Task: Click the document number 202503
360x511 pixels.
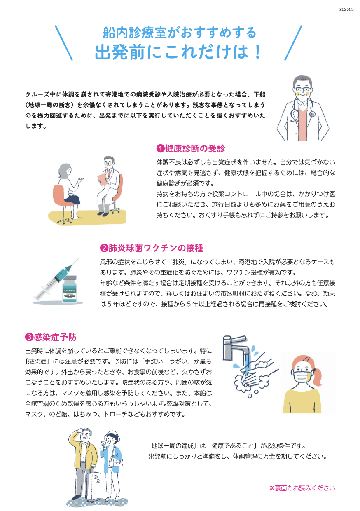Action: click(346, 9)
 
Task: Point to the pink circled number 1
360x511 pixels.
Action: click(160, 149)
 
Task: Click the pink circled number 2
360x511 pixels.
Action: click(104, 248)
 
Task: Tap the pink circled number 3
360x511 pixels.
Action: click(29, 337)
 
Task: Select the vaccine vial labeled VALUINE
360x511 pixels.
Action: click(70, 289)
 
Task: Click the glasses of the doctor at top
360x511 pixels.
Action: click(302, 89)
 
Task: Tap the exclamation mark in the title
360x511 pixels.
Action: click(257, 52)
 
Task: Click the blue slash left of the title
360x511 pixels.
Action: click(63, 43)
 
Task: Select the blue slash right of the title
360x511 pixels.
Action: click(293, 43)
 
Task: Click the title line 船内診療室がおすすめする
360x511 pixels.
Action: click(180, 33)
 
